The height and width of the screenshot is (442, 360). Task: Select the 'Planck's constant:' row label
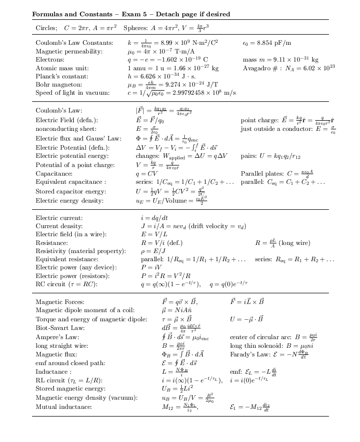click(x=58, y=76)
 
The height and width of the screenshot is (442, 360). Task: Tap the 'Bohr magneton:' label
click(x=56, y=85)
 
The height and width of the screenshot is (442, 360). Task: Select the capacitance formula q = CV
click(x=147, y=173)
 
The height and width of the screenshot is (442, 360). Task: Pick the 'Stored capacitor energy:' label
click(x=67, y=191)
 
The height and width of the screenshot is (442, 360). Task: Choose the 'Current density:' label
click(x=58, y=227)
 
